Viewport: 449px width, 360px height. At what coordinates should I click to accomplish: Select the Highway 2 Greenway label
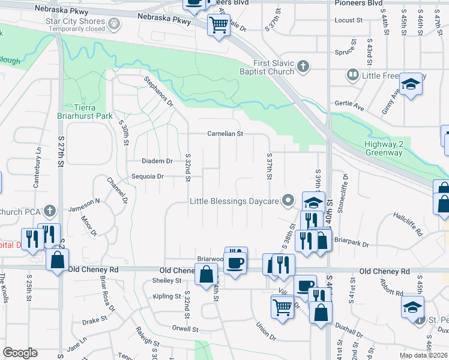(x=387, y=148)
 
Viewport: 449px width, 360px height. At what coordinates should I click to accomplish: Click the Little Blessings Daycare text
(x=235, y=201)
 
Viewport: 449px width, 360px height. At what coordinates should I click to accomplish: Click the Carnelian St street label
(x=224, y=134)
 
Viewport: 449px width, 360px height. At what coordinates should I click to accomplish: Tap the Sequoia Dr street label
(x=148, y=176)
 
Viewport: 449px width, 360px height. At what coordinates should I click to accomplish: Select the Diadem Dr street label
(x=157, y=161)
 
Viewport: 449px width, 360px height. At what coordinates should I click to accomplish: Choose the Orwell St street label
(x=185, y=329)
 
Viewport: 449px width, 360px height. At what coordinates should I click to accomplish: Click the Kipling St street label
(x=167, y=296)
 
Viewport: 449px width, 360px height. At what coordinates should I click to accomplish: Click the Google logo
(x=20, y=353)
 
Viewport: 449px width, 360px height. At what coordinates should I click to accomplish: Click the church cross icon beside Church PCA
(x=50, y=211)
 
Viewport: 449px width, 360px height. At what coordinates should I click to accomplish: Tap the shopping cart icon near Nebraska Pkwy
(x=218, y=25)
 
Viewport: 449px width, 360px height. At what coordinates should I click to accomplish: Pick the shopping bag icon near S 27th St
(x=57, y=260)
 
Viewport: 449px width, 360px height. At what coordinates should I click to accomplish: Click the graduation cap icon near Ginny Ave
(x=411, y=84)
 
